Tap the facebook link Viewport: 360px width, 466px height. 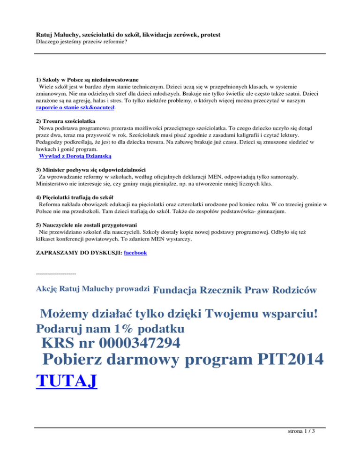point(135,253)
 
